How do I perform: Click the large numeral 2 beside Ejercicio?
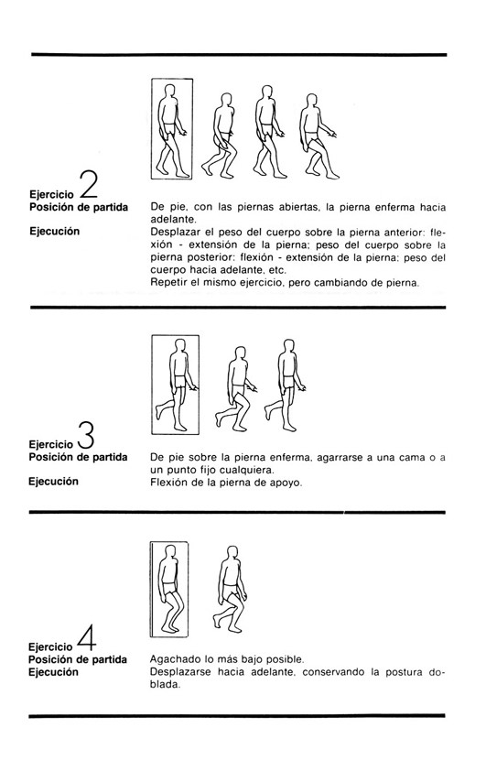90,185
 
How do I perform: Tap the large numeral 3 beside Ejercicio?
86,435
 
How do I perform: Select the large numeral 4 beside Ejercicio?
86,637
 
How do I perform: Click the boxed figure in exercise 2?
172,131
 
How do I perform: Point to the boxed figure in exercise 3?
175,385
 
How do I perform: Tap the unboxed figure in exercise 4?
230,589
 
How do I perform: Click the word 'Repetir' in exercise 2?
166,283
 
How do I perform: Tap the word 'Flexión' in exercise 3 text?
166,483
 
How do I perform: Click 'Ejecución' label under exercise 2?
54,231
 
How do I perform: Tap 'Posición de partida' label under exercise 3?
78,457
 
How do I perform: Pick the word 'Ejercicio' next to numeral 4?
50,646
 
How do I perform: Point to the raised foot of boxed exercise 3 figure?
158,411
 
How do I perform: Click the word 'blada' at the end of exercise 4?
165,684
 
